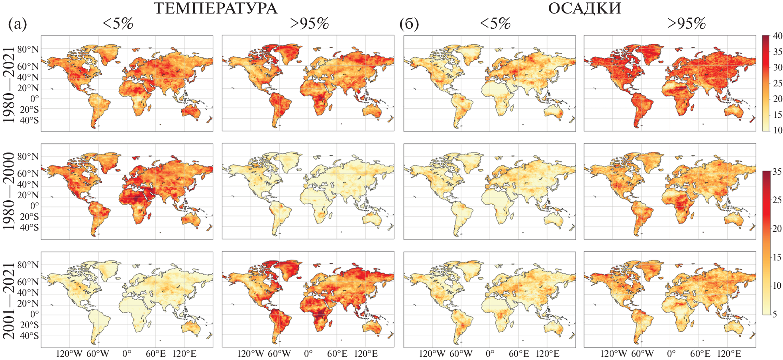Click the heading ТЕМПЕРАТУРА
coord(215,8)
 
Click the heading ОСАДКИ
coord(584,8)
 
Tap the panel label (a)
coord(18,24)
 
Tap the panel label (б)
coord(409,24)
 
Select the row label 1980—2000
coord(9,191)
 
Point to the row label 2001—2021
coord(9,300)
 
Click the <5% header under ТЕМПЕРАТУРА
coord(118,23)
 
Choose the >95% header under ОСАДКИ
coord(686,23)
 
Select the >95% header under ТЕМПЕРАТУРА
coord(309,23)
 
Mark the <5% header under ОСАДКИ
coord(495,23)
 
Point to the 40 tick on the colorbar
coord(777,36)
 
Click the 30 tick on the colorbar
coord(777,67)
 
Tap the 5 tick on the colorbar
coord(775,314)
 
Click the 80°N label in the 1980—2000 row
coord(27,157)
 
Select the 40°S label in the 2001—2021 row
coord(29,336)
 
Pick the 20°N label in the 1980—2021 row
coord(27,88)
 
